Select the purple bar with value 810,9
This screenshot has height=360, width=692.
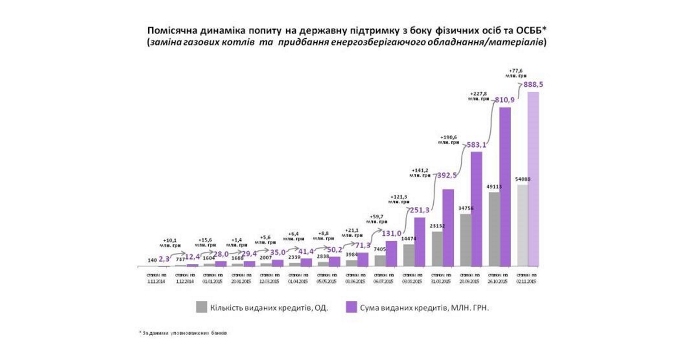505,187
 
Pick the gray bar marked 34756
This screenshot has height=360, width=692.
465,240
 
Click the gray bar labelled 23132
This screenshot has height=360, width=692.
437,249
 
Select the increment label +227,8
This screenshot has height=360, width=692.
479,96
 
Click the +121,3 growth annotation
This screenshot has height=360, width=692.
399,199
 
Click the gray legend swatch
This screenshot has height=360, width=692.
201,307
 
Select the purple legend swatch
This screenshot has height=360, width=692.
351,307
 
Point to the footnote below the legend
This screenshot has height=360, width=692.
182,333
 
